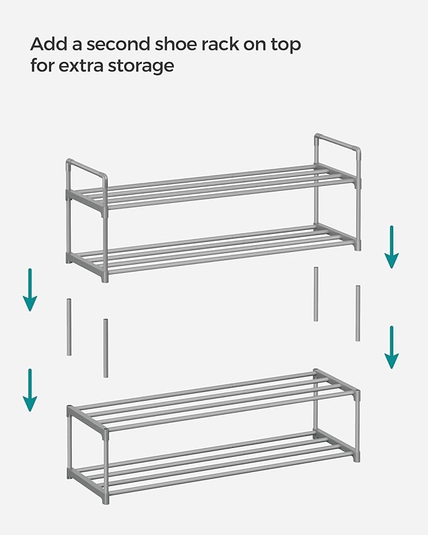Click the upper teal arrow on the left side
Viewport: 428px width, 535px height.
pos(30,289)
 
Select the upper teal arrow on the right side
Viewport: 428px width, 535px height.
pos(391,246)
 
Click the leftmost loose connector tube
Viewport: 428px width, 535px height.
pos(69,327)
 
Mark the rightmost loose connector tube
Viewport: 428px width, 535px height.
pos(357,313)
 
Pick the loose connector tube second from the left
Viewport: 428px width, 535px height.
pos(106,348)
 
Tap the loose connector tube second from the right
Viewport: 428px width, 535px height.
pos(316,294)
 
